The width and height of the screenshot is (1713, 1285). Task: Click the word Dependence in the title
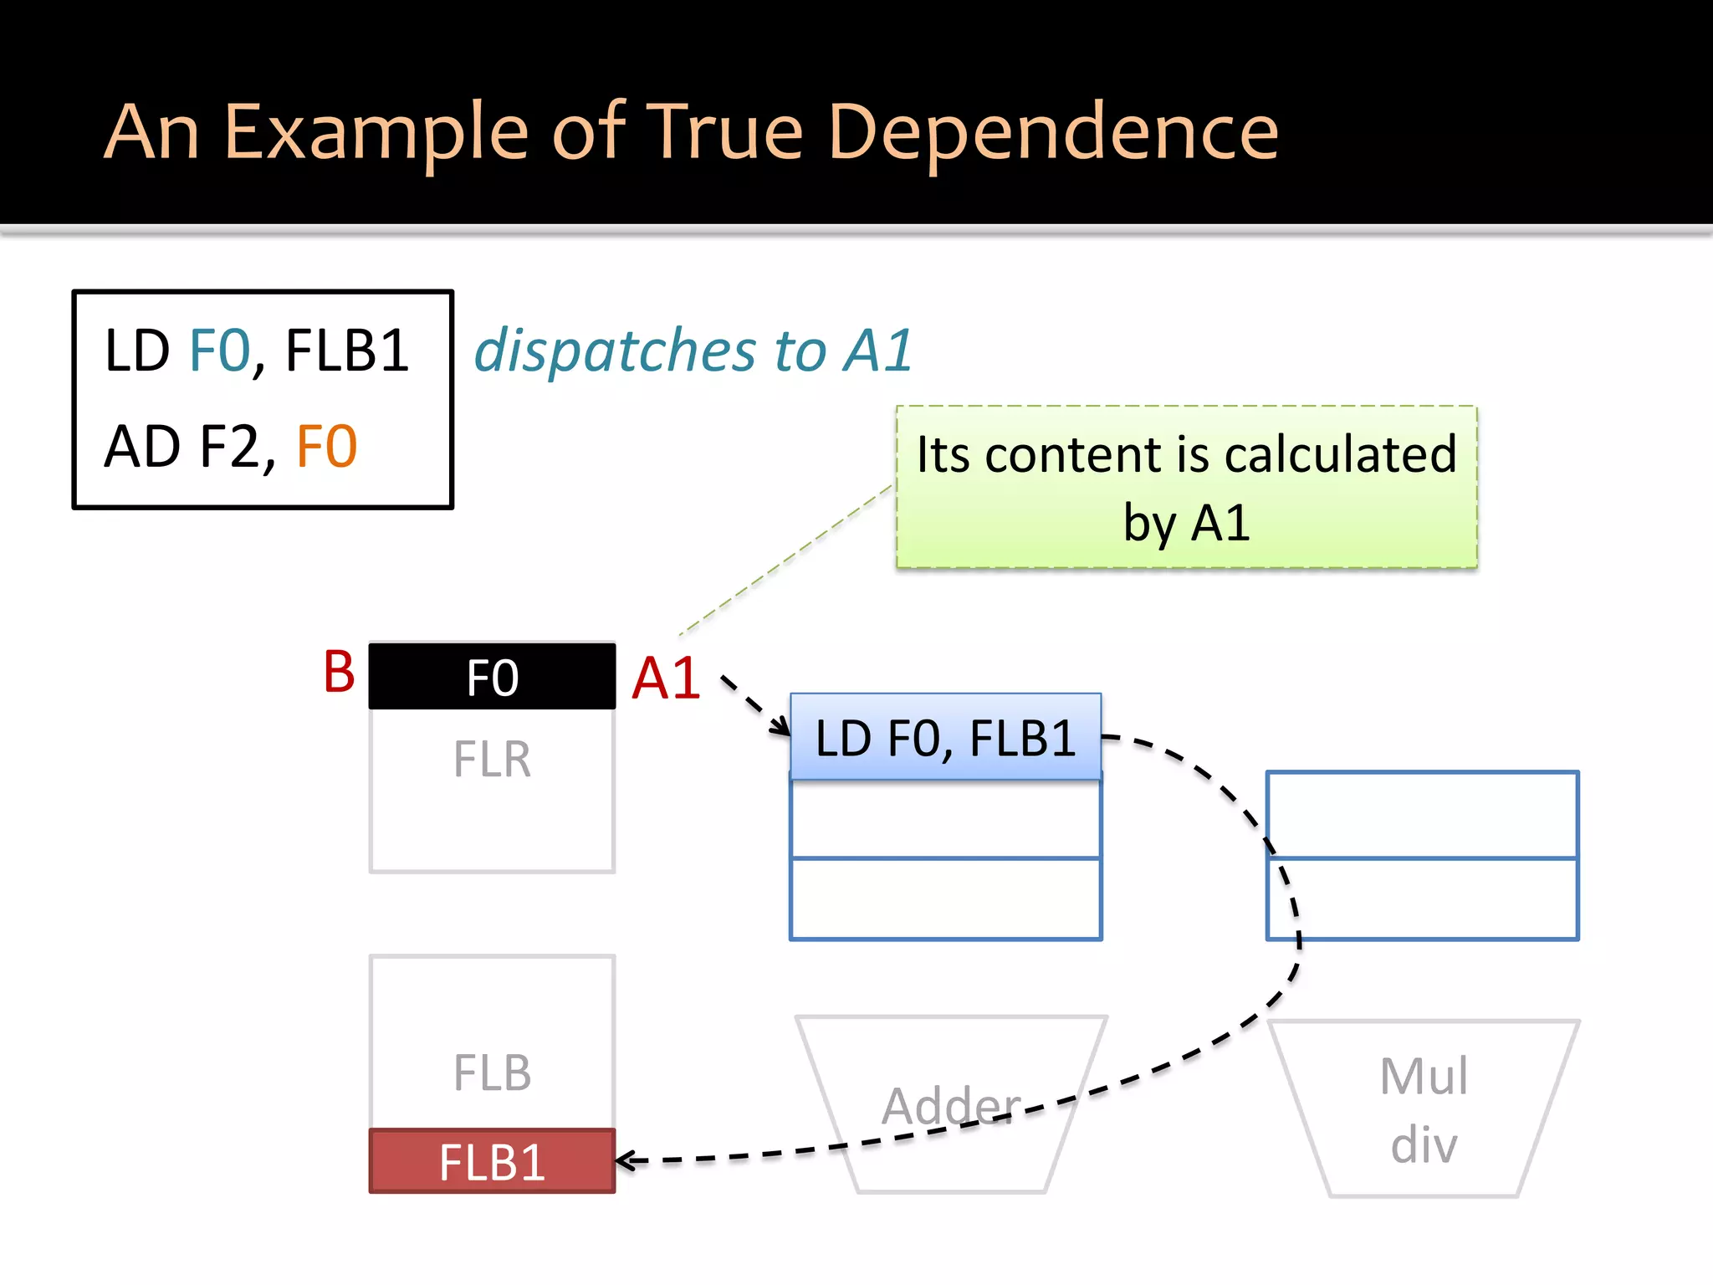point(1052,132)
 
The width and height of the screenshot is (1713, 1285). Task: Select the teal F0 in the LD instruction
point(220,351)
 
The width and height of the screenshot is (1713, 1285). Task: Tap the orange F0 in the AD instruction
point(327,447)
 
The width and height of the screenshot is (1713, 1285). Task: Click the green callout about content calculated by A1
point(1186,488)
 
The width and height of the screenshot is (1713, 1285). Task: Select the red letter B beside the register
point(339,673)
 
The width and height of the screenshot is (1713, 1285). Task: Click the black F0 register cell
point(492,677)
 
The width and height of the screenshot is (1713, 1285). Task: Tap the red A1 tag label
point(666,678)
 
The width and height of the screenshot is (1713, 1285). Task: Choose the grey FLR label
point(492,760)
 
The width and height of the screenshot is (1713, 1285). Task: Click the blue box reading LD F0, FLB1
point(945,738)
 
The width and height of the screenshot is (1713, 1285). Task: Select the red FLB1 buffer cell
point(492,1162)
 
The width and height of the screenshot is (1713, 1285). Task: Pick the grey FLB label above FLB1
point(492,1073)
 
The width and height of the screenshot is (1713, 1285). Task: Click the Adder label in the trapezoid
point(951,1106)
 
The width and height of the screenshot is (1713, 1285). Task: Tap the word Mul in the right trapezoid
point(1424,1076)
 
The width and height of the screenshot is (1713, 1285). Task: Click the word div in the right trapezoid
point(1424,1144)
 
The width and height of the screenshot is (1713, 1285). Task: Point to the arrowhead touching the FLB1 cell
point(623,1161)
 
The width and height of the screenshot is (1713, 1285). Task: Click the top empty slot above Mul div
point(1422,814)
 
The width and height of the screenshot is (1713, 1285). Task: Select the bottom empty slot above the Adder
point(945,898)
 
